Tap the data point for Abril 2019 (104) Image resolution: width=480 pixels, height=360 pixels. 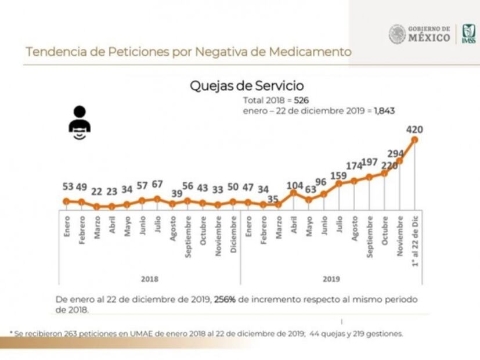pyautogui.click(x=294, y=193)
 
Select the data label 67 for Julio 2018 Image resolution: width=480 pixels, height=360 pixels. pyautogui.click(x=157, y=185)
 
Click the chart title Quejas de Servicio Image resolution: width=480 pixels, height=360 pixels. pyautogui.click(x=247, y=86)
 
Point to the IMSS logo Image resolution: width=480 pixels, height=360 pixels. pyautogui.click(x=468, y=34)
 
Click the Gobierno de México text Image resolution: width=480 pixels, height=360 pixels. pyautogui.click(x=429, y=34)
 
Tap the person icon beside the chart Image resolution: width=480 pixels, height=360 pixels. pyautogui.click(x=79, y=123)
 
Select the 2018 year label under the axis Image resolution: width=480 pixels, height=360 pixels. pyautogui.click(x=149, y=279)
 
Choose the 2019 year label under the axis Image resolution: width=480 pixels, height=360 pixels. pyautogui.click(x=331, y=279)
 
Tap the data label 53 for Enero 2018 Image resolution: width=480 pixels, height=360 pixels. pyautogui.click(x=68, y=187)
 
